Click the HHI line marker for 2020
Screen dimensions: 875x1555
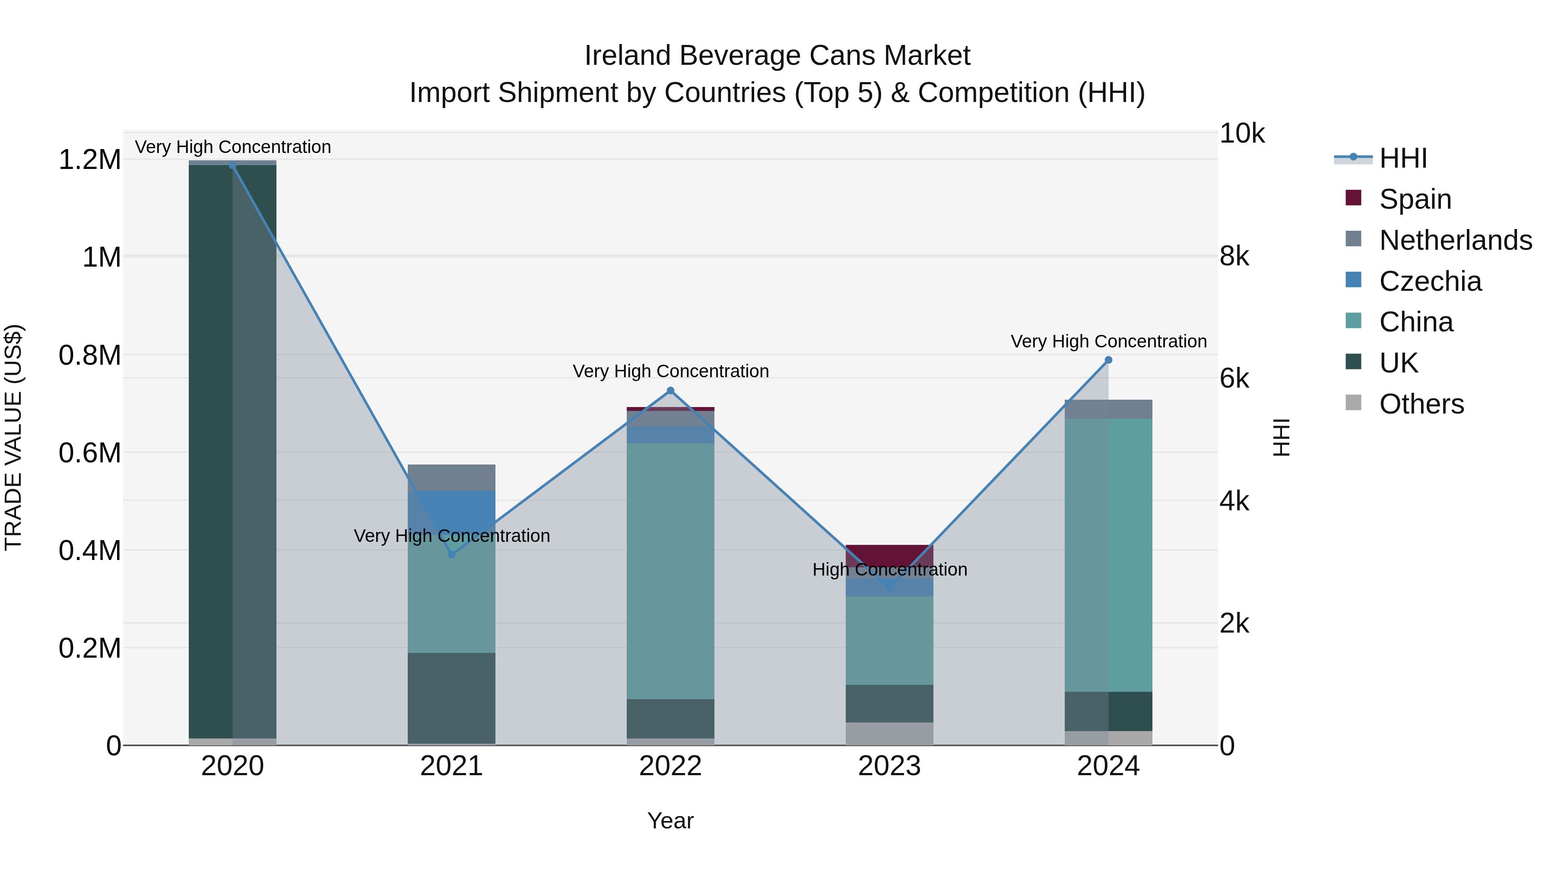pos(232,165)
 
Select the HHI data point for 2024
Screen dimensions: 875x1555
pos(1108,360)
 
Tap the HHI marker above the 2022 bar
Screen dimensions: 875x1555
pos(670,391)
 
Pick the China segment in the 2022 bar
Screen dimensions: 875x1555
pos(670,571)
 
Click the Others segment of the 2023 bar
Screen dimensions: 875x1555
pos(889,733)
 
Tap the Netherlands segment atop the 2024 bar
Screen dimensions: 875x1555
pos(1108,409)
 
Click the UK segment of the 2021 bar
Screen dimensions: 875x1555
pos(451,697)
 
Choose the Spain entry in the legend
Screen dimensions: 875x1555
pos(1415,199)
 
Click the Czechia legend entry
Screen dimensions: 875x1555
pos(1430,281)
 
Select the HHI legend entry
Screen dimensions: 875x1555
pos(1403,158)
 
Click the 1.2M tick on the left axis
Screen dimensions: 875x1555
pos(89,160)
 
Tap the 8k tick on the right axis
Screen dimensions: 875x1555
pos(1234,257)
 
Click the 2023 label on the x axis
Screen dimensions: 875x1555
pos(889,766)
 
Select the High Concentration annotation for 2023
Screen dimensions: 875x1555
pos(889,570)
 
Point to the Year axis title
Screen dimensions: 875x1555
pos(670,821)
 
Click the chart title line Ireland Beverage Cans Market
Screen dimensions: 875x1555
pos(777,56)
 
